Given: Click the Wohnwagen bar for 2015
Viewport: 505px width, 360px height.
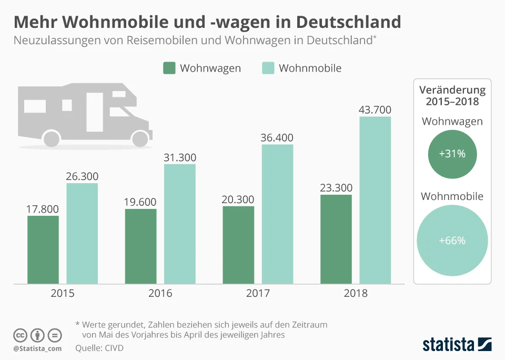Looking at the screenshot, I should tap(43, 249).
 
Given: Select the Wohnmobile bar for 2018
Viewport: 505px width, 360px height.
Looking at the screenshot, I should tap(375, 200).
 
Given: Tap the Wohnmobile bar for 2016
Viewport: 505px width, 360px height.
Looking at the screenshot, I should tap(180, 224).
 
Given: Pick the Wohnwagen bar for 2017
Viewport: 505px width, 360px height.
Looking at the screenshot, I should tap(238, 245).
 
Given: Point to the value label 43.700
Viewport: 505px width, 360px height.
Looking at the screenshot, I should tap(375, 109).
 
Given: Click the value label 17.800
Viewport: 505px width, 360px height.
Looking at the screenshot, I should tap(43, 209).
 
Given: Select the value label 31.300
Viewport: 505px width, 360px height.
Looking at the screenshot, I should tap(180, 157).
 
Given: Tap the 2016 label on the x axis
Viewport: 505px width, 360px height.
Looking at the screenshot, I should tap(160, 294).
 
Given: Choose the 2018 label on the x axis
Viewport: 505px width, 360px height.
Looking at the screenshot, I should tap(356, 294).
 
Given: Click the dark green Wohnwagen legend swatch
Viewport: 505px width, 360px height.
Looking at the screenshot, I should tap(169, 68).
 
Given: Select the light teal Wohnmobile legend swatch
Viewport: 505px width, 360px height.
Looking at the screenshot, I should tap(268, 68).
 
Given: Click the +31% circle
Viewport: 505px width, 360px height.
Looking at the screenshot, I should tap(452, 154).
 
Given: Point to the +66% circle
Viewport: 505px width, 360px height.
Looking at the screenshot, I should tap(452, 241).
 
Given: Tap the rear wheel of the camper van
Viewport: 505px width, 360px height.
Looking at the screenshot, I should tap(51, 138).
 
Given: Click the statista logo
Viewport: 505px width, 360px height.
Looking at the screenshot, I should tap(457, 344).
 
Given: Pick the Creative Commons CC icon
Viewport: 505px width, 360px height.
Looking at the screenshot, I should tap(20, 335).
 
